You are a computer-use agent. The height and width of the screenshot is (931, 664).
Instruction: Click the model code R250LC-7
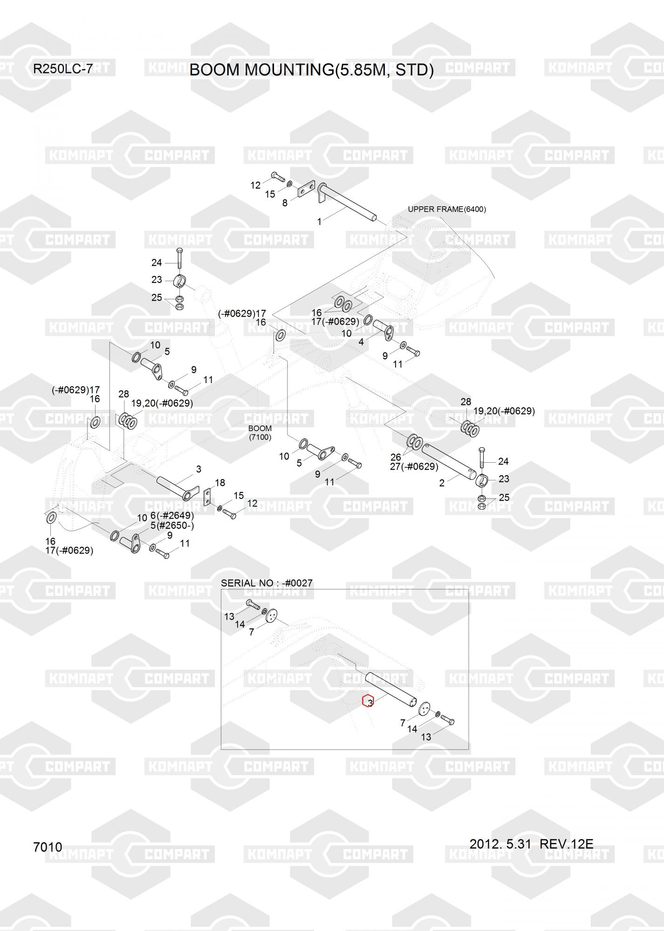[x=62, y=69]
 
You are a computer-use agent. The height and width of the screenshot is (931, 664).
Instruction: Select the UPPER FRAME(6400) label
[x=446, y=209]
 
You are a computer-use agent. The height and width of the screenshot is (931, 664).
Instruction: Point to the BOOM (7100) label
[x=260, y=432]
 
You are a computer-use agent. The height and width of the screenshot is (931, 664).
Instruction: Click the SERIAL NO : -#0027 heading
[x=267, y=583]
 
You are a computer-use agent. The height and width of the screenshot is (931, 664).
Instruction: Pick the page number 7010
[x=48, y=847]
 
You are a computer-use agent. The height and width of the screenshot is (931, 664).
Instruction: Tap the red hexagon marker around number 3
[x=368, y=702]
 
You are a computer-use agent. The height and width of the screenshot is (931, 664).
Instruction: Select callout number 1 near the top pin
[x=319, y=222]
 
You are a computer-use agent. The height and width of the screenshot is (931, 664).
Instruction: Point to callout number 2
[x=442, y=483]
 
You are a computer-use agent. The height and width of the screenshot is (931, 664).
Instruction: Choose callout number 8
[x=285, y=203]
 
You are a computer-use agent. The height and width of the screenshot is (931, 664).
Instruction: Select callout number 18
[x=220, y=483]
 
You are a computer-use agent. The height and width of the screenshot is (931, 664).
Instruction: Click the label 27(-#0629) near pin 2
[x=414, y=466]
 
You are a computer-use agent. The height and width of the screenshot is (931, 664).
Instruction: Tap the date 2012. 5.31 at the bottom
[x=500, y=843]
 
